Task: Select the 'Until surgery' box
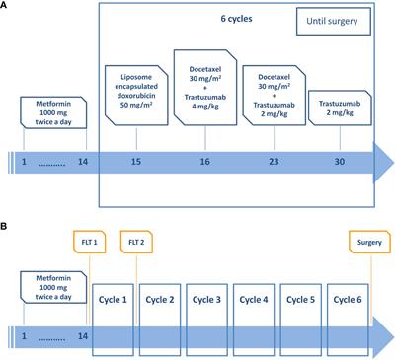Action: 334,20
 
